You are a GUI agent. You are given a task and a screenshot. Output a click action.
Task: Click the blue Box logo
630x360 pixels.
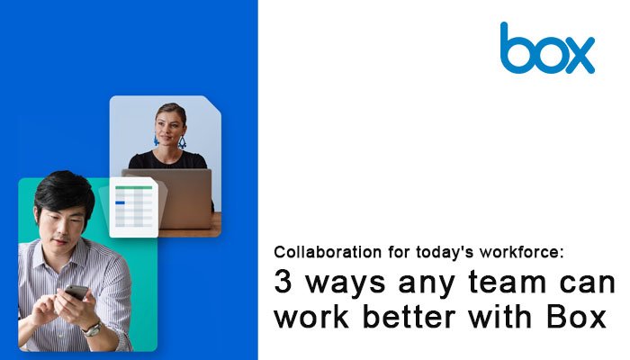(x=547, y=49)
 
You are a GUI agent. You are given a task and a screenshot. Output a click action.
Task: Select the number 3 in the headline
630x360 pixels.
(x=283, y=282)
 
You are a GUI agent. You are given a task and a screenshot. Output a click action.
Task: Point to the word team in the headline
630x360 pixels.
(x=508, y=282)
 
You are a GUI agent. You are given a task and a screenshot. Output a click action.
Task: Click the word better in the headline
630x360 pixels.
(x=409, y=317)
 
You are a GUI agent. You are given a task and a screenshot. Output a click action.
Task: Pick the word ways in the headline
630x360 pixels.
(x=346, y=284)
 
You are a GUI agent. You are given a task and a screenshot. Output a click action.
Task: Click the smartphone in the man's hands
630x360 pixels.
(x=76, y=292)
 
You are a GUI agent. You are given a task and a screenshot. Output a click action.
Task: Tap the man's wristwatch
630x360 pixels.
(x=93, y=328)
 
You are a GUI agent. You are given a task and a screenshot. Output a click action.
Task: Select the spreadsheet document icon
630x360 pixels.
(x=133, y=207)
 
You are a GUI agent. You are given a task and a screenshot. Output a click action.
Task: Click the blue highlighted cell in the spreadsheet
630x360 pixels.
(x=120, y=202)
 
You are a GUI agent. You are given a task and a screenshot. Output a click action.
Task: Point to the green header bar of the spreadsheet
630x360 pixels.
(x=134, y=187)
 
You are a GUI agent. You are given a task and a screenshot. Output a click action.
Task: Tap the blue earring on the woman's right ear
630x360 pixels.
(x=156, y=139)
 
